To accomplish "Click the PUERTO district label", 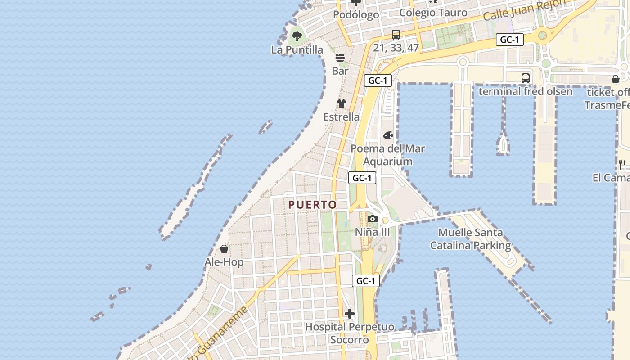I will click(312, 205).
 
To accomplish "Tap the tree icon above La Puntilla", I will click(297, 36).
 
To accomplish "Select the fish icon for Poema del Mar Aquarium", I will click(388, 135).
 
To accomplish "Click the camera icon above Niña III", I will click(372, 219).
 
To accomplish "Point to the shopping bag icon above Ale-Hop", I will click(224, 248).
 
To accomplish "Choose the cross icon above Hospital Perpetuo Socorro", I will click(350, 313).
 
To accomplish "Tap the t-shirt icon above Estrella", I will click(342, 103).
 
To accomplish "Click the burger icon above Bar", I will click(340, 58).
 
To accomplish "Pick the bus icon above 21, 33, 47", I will click(396, 34).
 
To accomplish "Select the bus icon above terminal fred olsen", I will click(526, 78).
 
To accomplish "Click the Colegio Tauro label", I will click(433, 13).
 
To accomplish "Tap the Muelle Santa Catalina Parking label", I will click(471, 239).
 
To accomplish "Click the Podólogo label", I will click(356, 15).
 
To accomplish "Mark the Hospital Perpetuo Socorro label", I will click(350, 333).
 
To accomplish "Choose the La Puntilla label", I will click(297, 49).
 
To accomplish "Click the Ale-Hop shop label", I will click(224, 262).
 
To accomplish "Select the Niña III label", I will click(372, 232).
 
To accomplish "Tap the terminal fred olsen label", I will click(526, 92).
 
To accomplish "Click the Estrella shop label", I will click(342, 117).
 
